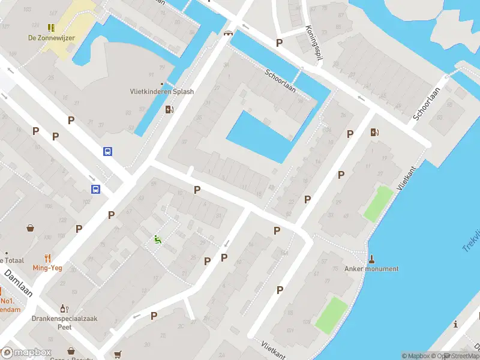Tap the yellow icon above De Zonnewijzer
pos(51,27)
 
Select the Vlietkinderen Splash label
pos(161,92)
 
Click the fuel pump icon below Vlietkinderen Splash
pos(170,109)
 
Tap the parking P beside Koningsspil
pos(278,43)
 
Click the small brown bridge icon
pos(227,33)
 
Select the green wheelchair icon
pos(157,239)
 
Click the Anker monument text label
pos(371,269)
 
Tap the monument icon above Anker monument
pos(371,259)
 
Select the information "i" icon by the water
pos(456,325)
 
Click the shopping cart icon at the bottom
pos(117,354)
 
